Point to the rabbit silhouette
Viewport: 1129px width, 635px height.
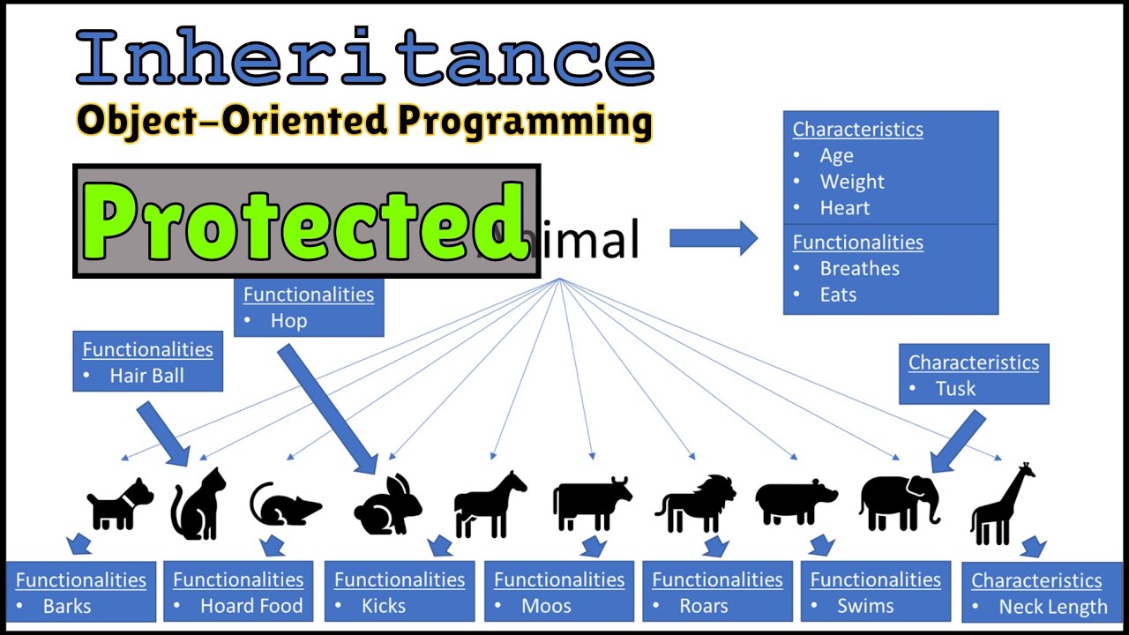click(x=388, y=507)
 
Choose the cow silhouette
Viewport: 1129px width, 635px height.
click(x=591, y=503)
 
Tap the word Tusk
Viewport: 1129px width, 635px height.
click(x=955, y=388)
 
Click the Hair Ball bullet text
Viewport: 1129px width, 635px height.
click(x=146, y=376)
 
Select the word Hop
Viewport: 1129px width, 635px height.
click(x=288, y=321)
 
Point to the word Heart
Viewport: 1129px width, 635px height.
click(x=844, y=208)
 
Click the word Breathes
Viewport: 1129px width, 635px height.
click(x=859, y=268)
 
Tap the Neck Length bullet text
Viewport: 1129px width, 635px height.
click(x=1052, y=607)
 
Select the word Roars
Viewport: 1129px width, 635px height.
click(x=703, y=606)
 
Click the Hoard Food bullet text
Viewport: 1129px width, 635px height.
click(x=250, y=606)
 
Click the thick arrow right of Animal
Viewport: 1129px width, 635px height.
click(x=713, y=238)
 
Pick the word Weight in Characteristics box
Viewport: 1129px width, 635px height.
click(x=851, y=182)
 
